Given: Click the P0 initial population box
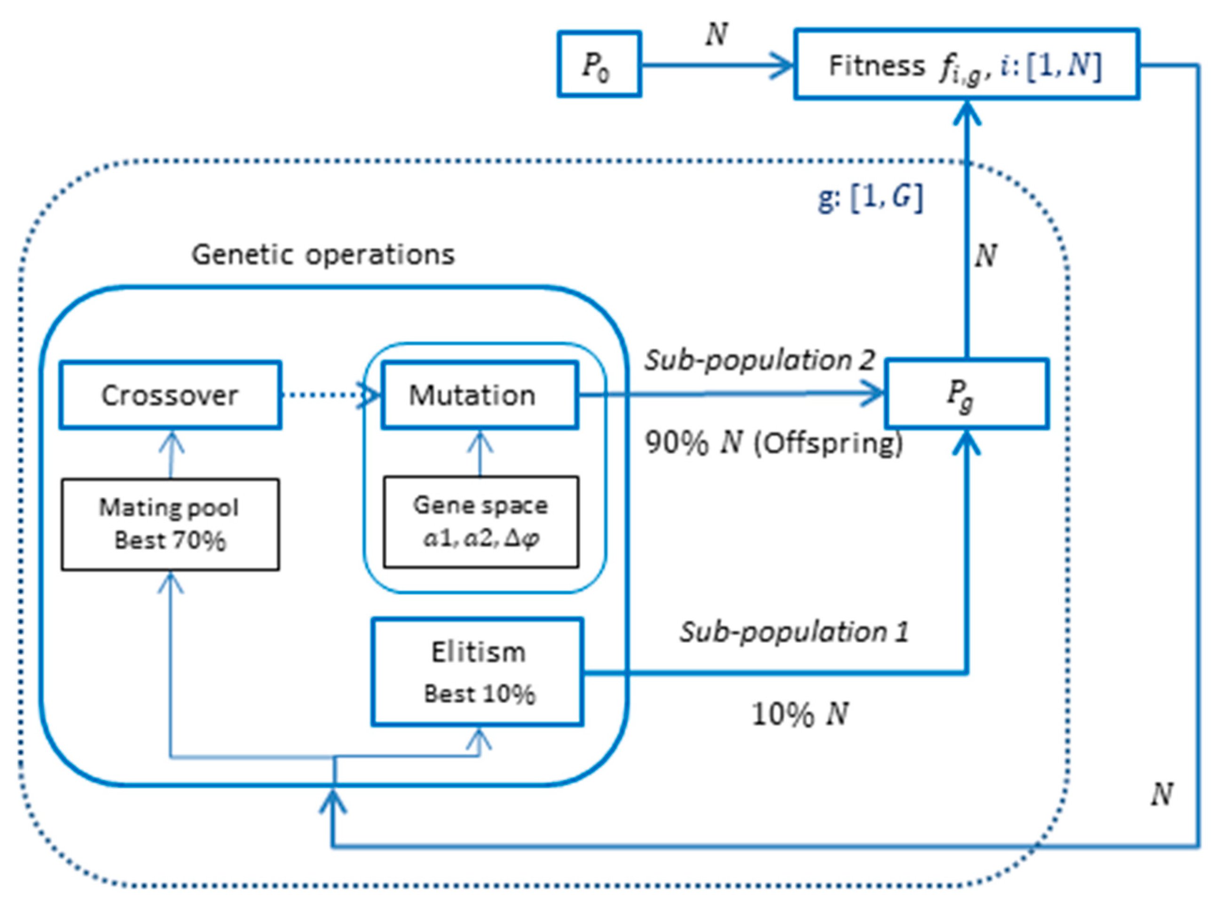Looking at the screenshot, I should (x=599, y=64).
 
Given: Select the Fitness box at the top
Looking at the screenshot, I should (x=966, y=64).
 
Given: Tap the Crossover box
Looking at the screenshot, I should (x=170, y=395).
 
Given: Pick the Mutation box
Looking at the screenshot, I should (x=480, y=395).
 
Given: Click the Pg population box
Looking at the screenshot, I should (x=966, y=394).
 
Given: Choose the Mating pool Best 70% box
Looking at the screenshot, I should (x=170, y=524).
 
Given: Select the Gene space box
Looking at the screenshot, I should (x=480, y=521).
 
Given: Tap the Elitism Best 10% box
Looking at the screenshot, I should (x=477, y=672).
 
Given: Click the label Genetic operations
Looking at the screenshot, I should (x=323, y=255).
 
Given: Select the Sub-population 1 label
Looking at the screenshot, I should (x=794, y=632).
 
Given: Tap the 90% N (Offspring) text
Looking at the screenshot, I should (x=774, y=443).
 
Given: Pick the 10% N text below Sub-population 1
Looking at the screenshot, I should (x=799, y=714).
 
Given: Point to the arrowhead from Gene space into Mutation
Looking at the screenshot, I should (x=480, y=441).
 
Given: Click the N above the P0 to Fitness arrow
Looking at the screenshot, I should (x=716, y=34).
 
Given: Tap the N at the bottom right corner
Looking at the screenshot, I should (x=1162, y=794).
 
